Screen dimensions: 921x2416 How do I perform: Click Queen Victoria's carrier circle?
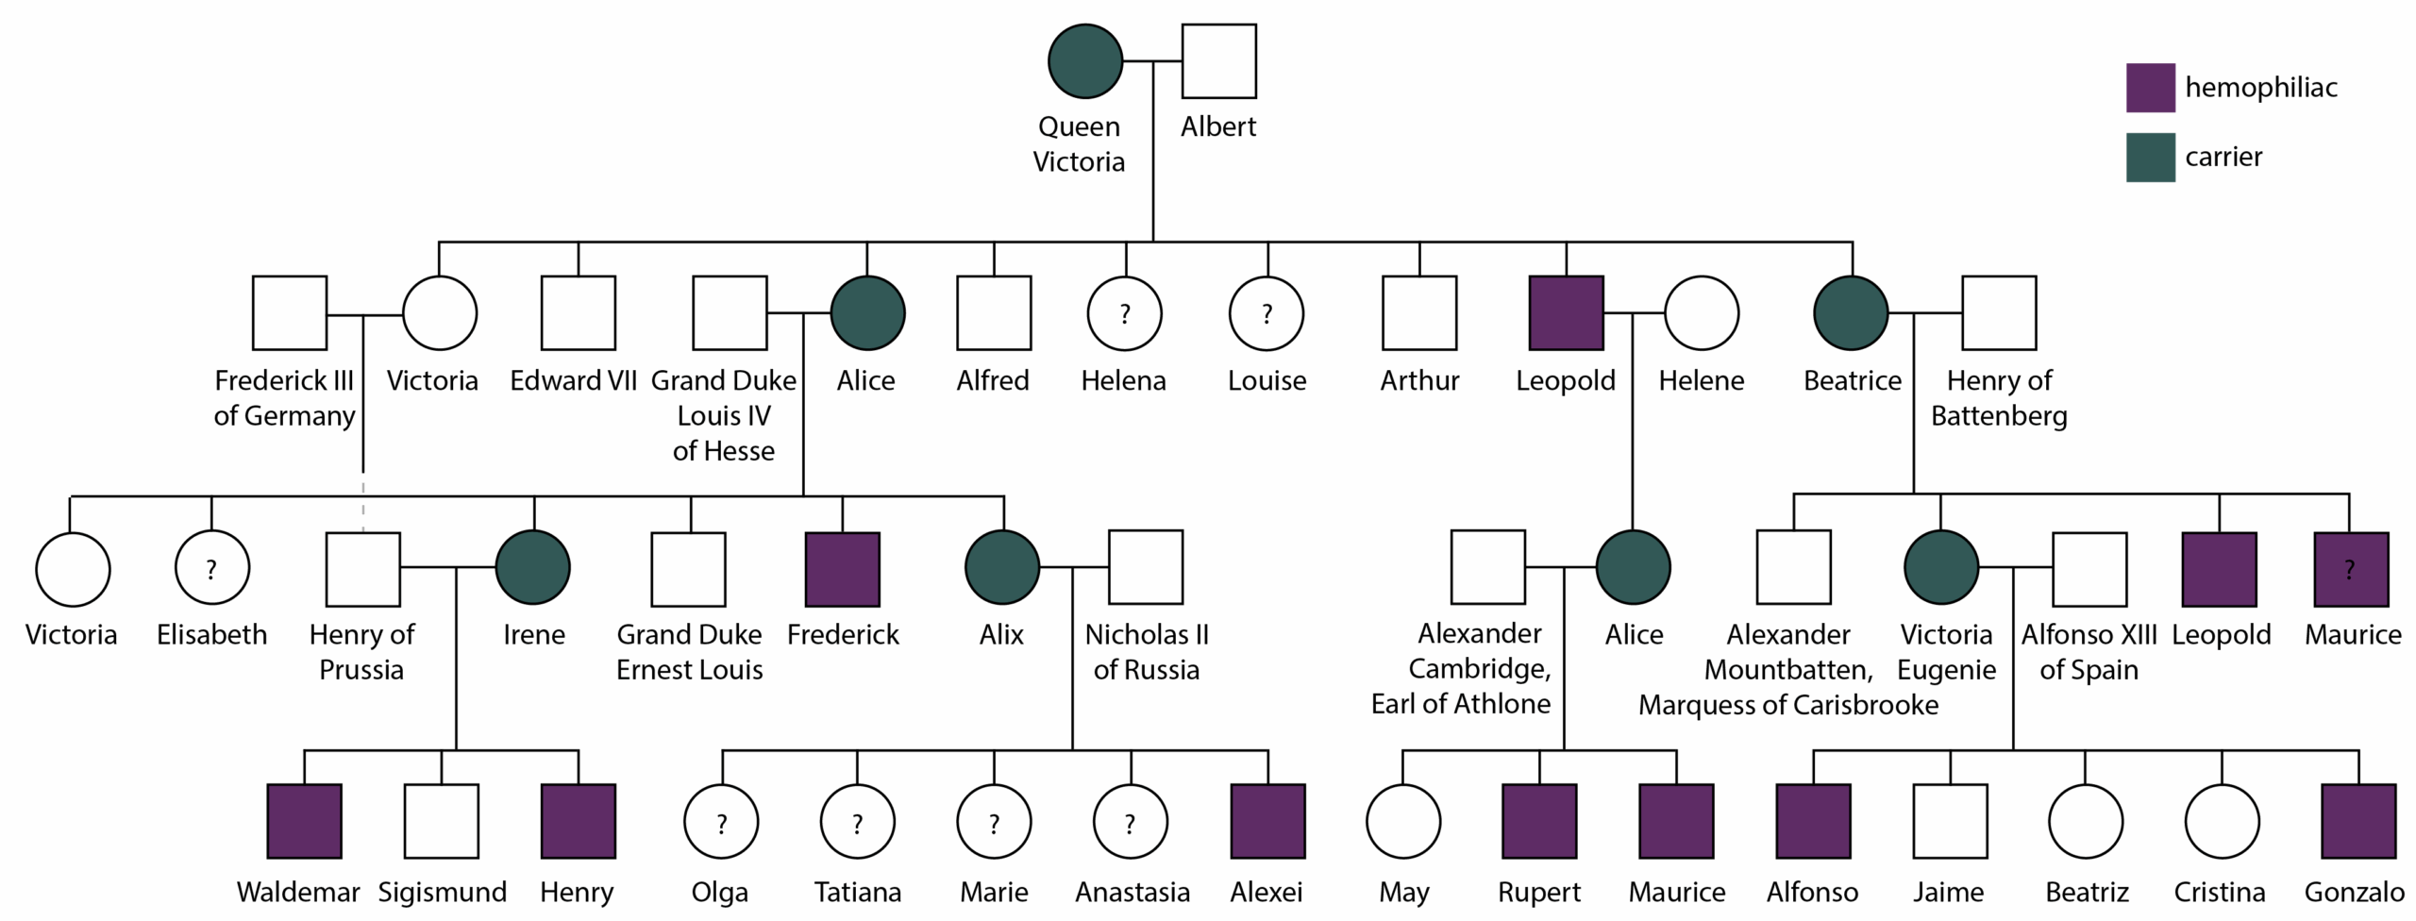(x=1085, y=61)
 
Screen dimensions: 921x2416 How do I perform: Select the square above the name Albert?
(x=1218, y=61)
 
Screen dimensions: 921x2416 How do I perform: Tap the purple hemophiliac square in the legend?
(x=2150, y=88)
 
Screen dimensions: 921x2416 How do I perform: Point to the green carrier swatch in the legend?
(x=2150, y=157)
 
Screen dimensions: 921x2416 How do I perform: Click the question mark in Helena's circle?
(x=1125, y=313)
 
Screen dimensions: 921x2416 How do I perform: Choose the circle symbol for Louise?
(x=1267, y=313)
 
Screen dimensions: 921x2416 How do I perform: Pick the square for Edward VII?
(x=578, y=313)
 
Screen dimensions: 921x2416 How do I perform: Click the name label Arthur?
(x=1419, y=381)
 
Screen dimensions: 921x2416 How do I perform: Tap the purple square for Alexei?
(x=1267, y=821)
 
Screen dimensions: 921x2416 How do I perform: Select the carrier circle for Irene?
(x=533, y=567)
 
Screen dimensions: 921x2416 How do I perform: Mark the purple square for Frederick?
(x=842, y=569)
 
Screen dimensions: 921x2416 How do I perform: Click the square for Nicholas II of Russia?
(x=1145, y=567)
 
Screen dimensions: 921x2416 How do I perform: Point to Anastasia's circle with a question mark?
(x=1131, y=821)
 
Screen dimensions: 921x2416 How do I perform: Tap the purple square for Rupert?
(x=1539, y=821)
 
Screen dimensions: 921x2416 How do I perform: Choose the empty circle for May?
(x=1403, y=821)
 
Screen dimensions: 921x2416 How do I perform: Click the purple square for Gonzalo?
(x=2357, y=821)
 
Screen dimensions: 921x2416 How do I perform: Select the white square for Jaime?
(x=1950, y=821)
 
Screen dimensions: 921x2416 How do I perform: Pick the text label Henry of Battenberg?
(x=1999, y=398)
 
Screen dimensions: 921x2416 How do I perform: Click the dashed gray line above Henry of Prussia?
(x=363, y=504)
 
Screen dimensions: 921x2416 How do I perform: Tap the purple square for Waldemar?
(x=304, y=821)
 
